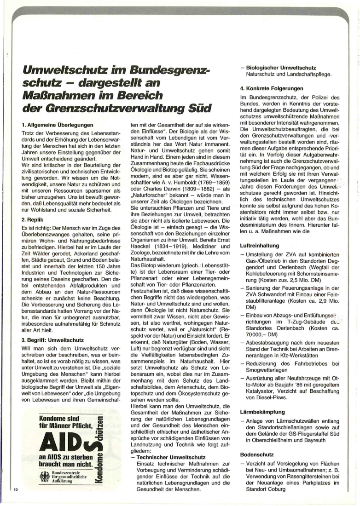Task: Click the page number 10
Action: pos(15,489)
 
